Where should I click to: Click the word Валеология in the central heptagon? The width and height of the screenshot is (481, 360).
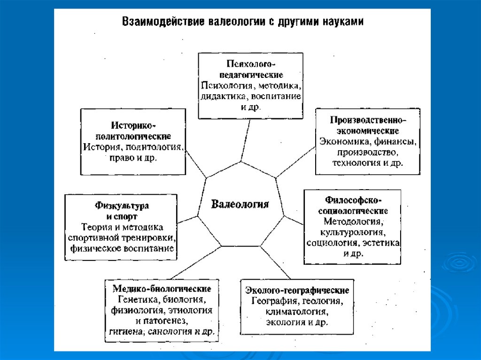(x=240, y=204)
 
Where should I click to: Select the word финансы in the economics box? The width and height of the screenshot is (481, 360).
(x=396, y=142)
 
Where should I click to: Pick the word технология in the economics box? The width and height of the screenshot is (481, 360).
(x=355, y=163)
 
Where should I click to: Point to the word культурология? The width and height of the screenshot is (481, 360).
(x=353, y=232)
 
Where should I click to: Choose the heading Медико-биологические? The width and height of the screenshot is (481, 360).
(x=161, y=288)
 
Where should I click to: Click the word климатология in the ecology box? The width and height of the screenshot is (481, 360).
(x=296, y=312)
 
